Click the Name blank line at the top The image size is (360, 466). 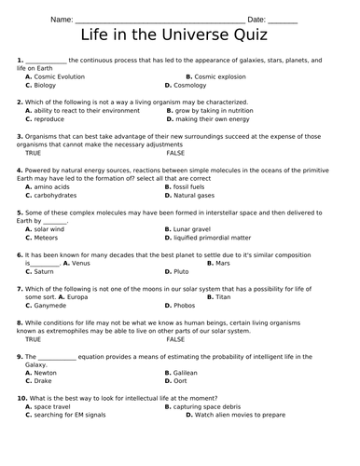159,20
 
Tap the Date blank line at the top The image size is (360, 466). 283,20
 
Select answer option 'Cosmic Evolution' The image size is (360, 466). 59,76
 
